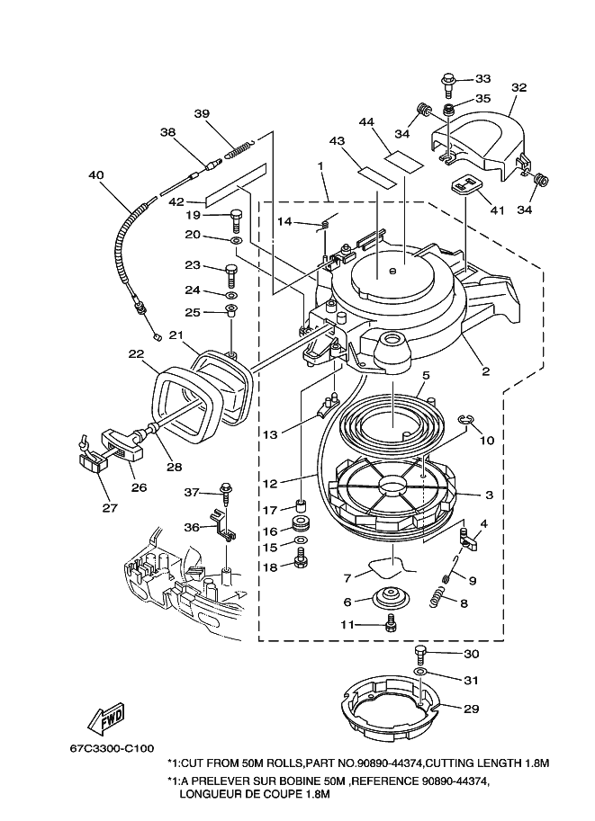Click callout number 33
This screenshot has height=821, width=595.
tap(482, 78)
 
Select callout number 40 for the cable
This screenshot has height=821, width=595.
tap(96, 174)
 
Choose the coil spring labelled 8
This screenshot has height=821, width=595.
tap(437, 597)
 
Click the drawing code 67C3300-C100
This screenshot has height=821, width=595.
tap(113, 749)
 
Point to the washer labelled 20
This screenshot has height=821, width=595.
tap(236, 241)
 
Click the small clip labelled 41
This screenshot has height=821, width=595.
tap(466, 185)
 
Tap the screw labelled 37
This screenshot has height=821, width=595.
tap(227, 493)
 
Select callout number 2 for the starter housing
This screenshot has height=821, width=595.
tap(485, 371)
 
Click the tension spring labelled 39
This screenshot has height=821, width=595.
tap(239, 148)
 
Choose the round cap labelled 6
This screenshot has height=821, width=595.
tap(389, 599)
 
